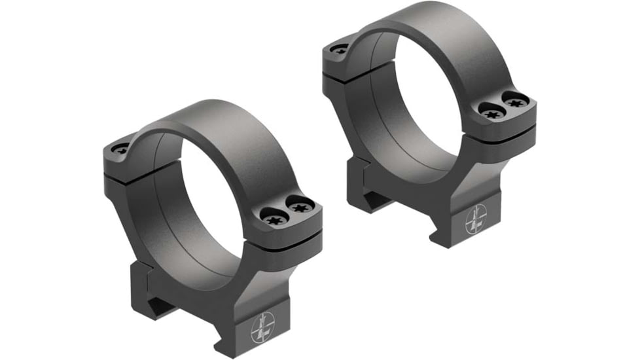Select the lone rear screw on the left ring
[x=120, y=149]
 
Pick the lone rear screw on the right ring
[x=340, y=48]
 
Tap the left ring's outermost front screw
[x=300, y=209]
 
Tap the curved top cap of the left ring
[x=196, y=124]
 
